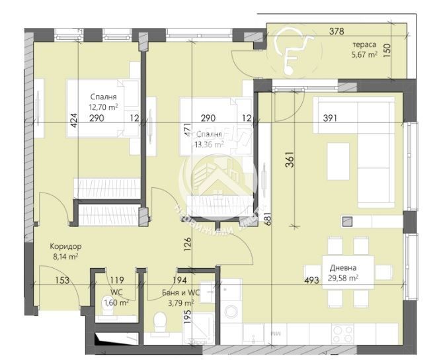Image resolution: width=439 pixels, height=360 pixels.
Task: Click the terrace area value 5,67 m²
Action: point(363,56)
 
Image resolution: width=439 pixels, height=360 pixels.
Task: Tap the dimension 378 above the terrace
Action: point(337,30)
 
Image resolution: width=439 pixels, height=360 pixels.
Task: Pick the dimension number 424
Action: point(74,120)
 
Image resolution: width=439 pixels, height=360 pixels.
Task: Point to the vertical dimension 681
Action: point(268,219)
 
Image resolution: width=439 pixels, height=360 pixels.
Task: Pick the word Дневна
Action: point(344,268)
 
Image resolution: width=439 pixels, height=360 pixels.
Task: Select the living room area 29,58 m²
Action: point(344,279)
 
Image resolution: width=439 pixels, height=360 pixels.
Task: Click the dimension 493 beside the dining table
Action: point(312,280)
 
